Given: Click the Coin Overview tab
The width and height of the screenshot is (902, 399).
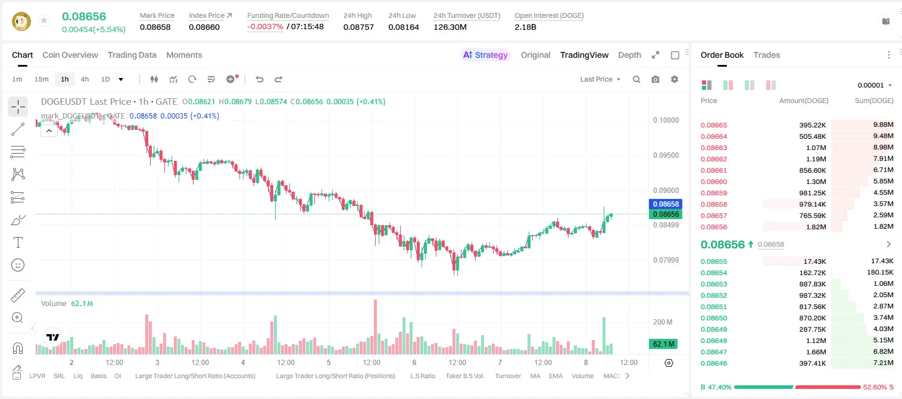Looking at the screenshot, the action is [x=70, y=55].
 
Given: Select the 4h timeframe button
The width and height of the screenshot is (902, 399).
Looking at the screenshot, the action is [x=85, y=79].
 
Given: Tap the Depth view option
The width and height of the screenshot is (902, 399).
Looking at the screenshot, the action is [x=629, y=55].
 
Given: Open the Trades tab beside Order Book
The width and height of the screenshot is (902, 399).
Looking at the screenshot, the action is [x=767, y=55].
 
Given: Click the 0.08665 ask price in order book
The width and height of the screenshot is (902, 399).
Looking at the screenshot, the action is [x=713, y=125].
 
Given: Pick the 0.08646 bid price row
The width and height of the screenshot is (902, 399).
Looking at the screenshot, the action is [x=713, y=363].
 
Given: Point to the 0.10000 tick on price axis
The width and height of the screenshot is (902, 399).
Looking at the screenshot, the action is [x=666, y=120].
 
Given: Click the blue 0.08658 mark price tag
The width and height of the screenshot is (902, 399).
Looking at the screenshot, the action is [x=666, y=204].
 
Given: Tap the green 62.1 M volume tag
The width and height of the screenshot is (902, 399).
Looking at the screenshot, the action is [x=663, y=344].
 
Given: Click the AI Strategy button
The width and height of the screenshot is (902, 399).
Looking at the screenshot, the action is [x=485, y=55].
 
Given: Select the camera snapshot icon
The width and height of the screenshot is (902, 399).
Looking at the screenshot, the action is [x=655, y=79].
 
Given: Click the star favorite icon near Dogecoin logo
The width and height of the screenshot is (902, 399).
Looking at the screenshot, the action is [x=44, y=20].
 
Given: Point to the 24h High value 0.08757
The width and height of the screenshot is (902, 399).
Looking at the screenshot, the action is [x=358, y=27].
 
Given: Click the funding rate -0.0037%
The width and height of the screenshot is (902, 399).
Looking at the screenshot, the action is [x=265, y=27].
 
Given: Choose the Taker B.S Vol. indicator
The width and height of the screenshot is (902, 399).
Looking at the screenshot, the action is [x=464, y=376].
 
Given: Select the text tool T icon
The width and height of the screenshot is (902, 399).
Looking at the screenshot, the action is [x=18, y=242].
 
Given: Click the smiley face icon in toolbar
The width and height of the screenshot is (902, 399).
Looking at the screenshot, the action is [x=18, y=265].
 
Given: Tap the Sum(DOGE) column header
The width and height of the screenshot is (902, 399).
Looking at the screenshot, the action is [x=874, y=101].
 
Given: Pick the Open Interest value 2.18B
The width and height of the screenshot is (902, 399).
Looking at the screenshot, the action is [x=525, y=27].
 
